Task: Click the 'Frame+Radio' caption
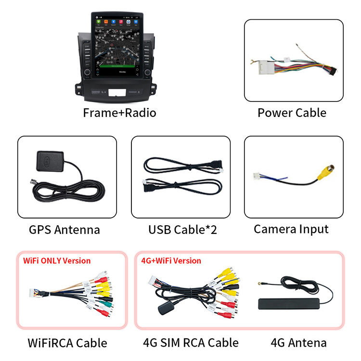(x=119, y=113)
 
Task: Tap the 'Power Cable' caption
(x=292, y=113)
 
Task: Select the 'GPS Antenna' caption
(x=64, y=230)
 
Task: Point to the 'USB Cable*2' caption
(x=182, y=230)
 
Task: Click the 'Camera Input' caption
(x=291, y=229)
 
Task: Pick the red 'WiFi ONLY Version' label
(x=57, y=260)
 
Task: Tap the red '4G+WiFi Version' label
(x=171, y=260)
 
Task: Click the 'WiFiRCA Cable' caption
(x=67, y=343)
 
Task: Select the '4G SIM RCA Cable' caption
(x=191, y=343)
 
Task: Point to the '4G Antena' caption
(x=298, y=343)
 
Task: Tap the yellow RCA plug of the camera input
(x=328, y=170)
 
